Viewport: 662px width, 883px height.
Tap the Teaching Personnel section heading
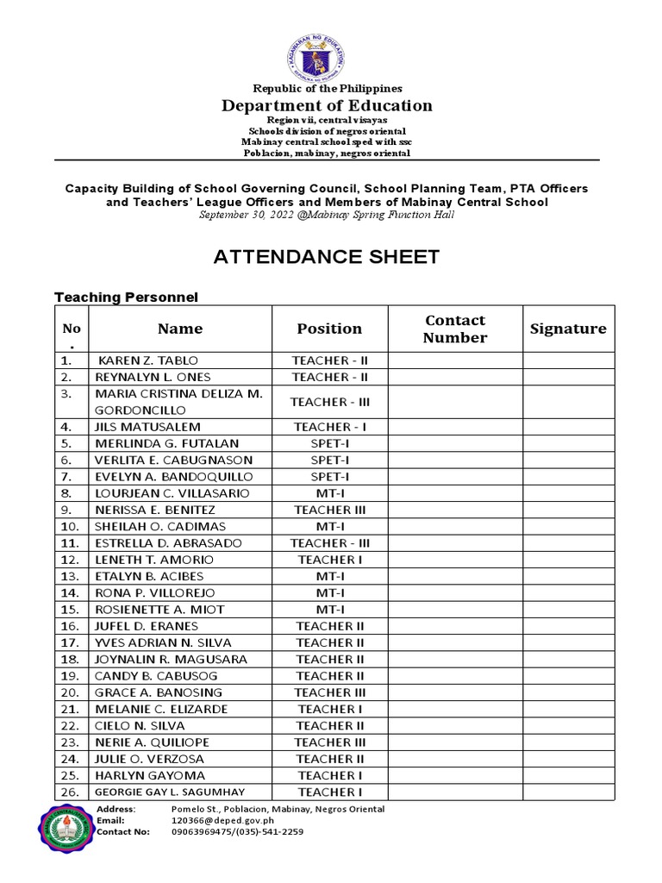coord(126,297)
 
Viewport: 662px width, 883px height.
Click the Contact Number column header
coord(454,329)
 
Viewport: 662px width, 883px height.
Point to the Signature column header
coord(567,329)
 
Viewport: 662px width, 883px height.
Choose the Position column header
coord(329,329)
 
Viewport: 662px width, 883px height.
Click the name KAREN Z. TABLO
coord(138,360)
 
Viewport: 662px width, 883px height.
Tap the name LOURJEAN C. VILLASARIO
coord(172,493)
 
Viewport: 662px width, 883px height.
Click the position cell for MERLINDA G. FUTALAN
coord(329,443)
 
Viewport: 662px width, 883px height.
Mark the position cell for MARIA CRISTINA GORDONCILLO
coord(329,402)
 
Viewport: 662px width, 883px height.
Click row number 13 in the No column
coord(70,576)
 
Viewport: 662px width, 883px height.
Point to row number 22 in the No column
coord(70,725)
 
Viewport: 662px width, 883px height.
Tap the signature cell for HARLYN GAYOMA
coord(567,775)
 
